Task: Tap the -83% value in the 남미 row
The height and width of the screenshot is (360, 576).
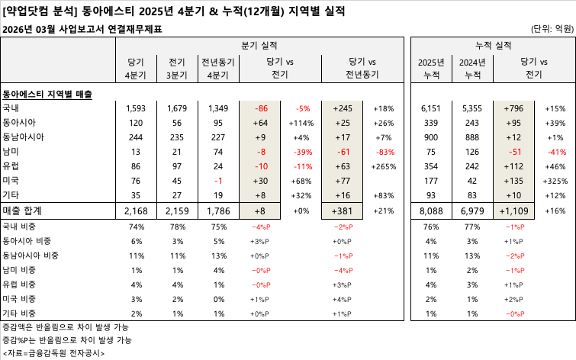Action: (x=384, y=151)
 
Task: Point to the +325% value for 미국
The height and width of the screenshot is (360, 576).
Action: (x=555, y=180)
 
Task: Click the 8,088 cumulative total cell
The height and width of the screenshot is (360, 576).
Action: (x=432, y=210)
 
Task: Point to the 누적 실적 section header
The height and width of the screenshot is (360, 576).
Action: (x=493, y=45)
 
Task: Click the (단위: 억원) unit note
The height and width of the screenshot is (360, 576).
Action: (x=551, y=29)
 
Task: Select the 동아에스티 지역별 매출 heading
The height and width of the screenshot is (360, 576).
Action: (x=47, y=95)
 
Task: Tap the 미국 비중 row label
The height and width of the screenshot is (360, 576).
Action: (x=25, y=299)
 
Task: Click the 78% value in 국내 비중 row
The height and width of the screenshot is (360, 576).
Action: (x=177, y=227)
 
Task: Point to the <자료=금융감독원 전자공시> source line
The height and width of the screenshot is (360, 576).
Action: (x=53, y=353)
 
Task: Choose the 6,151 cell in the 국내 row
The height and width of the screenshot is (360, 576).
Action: (x=432, y=108)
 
